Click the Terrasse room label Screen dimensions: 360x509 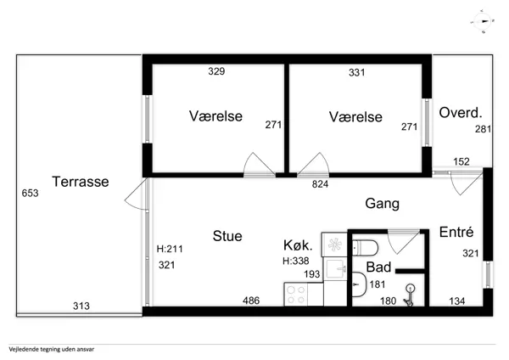[x=80, y=182]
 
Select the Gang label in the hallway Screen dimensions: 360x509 [x=382, y=204]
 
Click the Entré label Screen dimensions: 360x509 [x=456, y=233]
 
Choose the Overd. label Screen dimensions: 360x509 [x=461, y=112]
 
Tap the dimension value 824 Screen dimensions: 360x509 [x=321, y=183]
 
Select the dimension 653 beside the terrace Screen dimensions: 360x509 [x=30, y=194]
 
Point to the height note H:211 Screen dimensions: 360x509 [x=171, y=250]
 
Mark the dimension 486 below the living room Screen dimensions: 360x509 [x=252, y=301]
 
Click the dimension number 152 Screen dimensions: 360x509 [x=461, y=161]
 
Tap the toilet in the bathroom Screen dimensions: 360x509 [x=366, y=248]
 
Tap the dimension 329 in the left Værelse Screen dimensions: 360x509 [x=216, y=72]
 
